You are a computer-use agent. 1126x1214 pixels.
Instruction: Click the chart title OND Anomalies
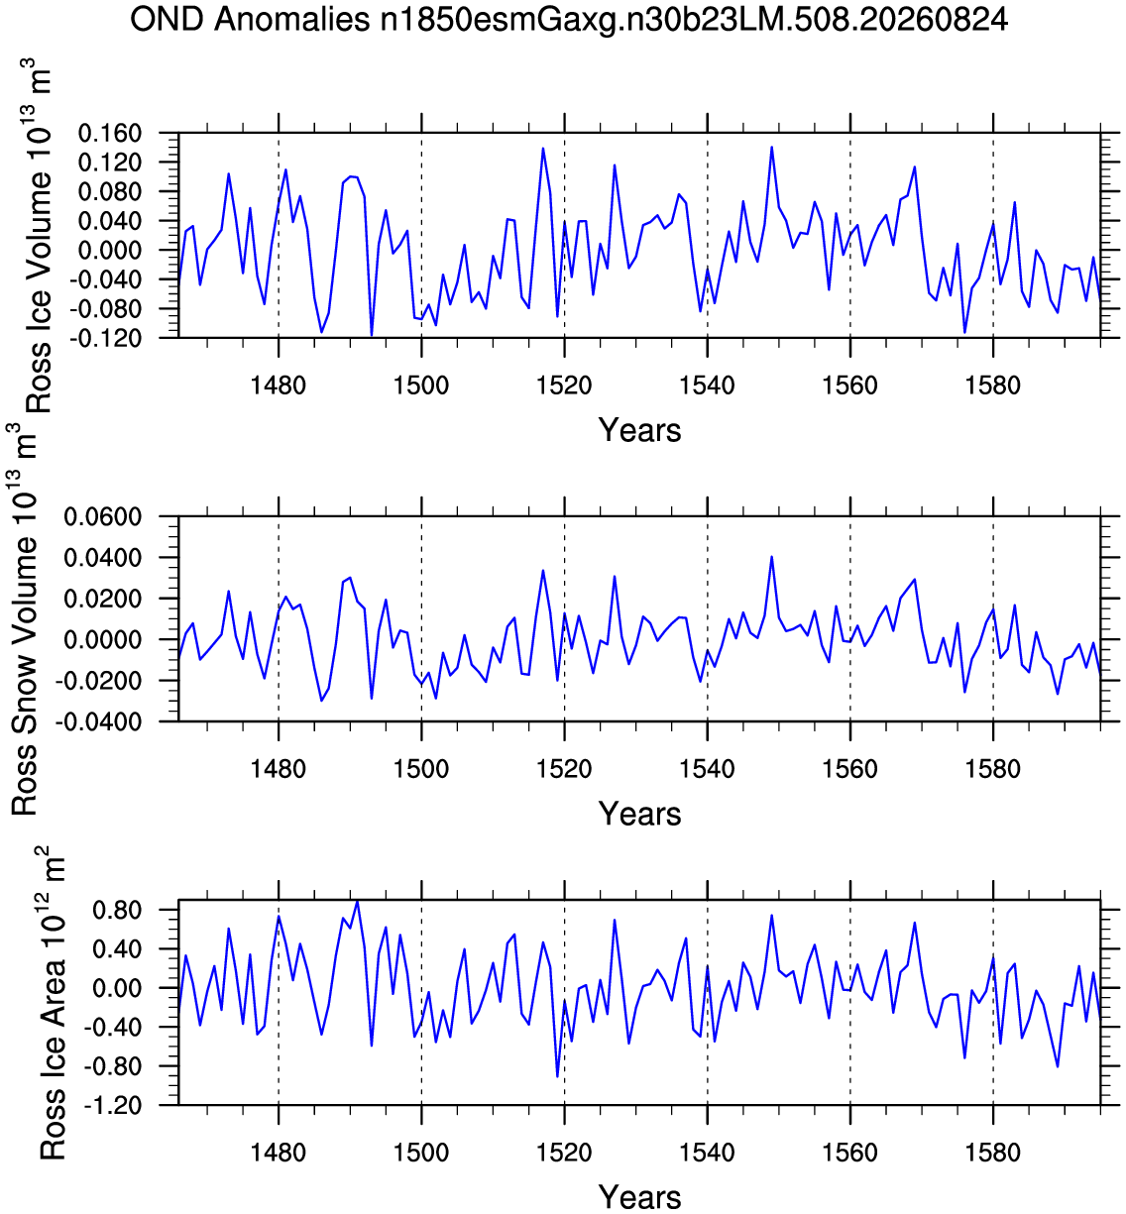point(250,20)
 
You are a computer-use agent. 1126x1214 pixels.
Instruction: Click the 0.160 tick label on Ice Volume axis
point(110,133)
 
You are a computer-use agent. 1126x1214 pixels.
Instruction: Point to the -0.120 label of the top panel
point(105,338)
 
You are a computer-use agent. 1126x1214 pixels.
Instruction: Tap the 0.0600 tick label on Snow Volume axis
point(103,517)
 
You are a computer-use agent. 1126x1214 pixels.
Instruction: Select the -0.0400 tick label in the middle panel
point(98,721)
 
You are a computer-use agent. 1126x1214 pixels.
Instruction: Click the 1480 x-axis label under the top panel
point(279,386)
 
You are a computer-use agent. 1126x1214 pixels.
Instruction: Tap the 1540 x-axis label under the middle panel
point(707,769)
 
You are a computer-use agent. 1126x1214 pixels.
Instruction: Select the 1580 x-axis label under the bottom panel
point(992,1153)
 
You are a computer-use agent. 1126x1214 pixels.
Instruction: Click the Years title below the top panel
point(639,430)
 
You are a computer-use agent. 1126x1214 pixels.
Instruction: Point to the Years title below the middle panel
point(639,814)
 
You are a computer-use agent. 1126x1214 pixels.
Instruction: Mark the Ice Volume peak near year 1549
point(772,147)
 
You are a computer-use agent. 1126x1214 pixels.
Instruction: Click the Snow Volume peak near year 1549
point(772,556)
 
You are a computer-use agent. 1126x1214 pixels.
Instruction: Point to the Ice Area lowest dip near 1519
point(557,1076)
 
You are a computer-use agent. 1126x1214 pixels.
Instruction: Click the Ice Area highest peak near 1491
point(357,901)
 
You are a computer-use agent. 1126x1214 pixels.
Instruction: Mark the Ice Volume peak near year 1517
point(542,148)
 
